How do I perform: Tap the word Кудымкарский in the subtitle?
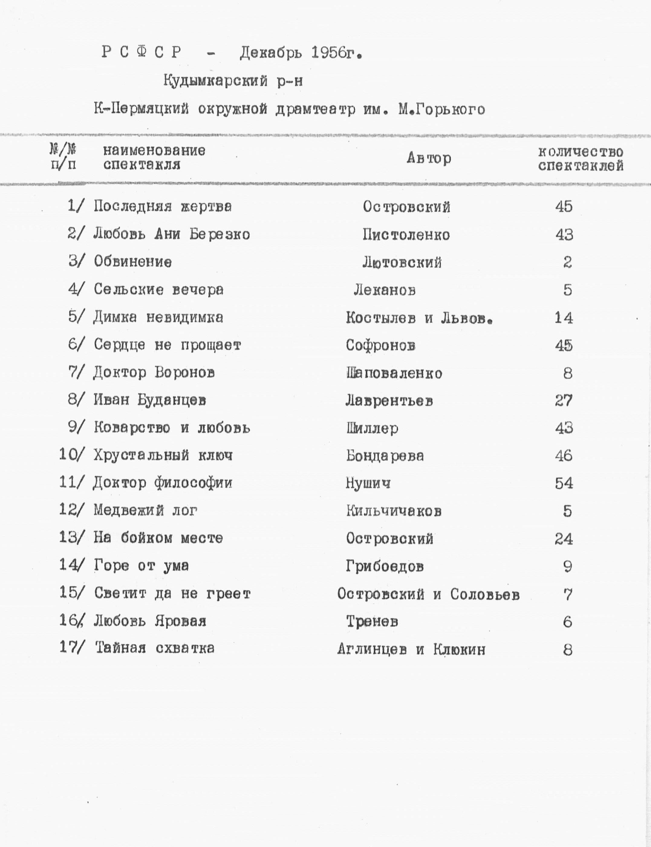(215, 81)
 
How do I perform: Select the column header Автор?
(428, 158)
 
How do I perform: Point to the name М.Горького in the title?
(442, 110)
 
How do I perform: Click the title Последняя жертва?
(163, 206)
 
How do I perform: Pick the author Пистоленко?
(406, 234)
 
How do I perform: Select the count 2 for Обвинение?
(567, 263)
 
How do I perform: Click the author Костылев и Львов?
(419, 318)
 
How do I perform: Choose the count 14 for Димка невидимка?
(563, 318)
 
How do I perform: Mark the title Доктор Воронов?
(154, 372)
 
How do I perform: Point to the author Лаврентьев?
(389, 401)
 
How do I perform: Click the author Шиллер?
(372, 428)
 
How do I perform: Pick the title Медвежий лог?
(146, 511)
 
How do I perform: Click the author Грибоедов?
(385, 566)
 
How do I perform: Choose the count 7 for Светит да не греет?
(568, 594)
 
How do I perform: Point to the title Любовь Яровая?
(150, 621)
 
